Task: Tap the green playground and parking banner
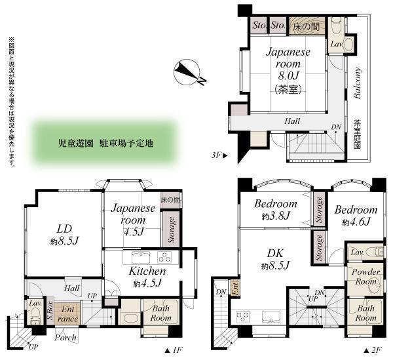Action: (105, 142)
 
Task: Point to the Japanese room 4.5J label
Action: (133, 220)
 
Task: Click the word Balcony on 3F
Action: (358, 84)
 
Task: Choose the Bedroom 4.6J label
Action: (356, 216)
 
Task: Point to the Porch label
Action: (65, 338)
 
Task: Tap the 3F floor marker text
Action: (219, 156)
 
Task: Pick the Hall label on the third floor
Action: (291, 121)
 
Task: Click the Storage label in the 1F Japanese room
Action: (171, 230)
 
